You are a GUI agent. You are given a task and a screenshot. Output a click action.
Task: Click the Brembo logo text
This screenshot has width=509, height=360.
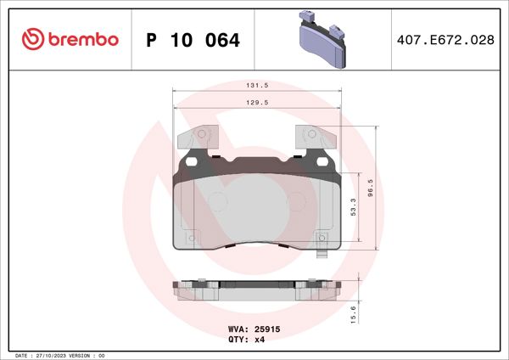(x=83, y=38)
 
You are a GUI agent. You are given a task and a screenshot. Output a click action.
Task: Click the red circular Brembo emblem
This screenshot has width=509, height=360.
(x=31, y=38)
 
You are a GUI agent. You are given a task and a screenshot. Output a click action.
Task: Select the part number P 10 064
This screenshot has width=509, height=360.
(x=193, y=40)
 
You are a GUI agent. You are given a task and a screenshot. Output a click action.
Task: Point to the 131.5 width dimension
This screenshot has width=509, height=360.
(x=257, y=86)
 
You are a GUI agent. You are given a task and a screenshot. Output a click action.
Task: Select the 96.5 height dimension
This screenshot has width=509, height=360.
(x=370, y=188)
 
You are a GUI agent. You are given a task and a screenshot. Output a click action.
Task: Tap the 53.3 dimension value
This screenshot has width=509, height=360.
(x=353, y=210)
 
